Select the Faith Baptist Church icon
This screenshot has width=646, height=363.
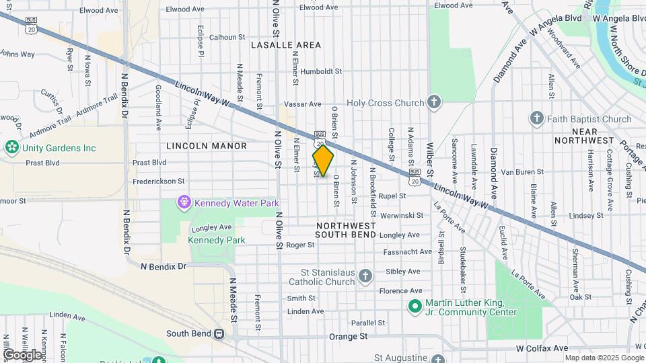click(x=536, y=119)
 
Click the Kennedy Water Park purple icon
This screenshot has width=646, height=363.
click(x=183, y=202)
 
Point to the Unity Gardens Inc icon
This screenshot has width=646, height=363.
click(x=11, y=148)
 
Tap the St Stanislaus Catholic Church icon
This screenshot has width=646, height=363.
click(x=365, y=276)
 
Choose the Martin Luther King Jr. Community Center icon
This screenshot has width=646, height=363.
click(x=415, y=307)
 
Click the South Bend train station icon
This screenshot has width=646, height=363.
click(x=219, y=333)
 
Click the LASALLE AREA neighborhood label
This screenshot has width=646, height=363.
click(x=286, y=45)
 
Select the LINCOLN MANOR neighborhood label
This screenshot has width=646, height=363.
click(x=207, y=145)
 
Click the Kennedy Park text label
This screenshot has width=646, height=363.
click(x=216, y=240)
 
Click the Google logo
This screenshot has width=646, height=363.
click(x=22, y=354)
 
